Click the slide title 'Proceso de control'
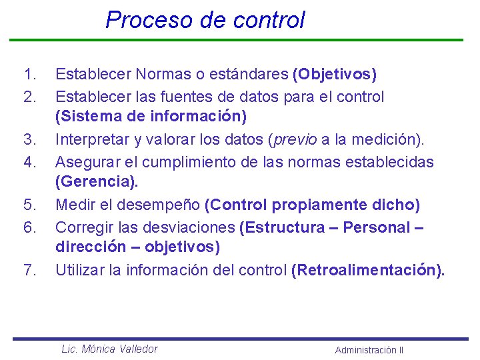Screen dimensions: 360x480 tap(205, 19)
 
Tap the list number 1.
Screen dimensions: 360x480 tap(28, 74)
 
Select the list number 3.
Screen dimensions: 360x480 tap(28, 140)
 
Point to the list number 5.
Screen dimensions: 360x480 tap(28, 205)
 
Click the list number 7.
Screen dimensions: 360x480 tap(28, 270)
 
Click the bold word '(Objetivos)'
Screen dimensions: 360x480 tap(335, 74)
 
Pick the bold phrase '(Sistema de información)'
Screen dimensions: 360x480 tap(151, 117)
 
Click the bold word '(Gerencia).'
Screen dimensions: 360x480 tap(97, 182)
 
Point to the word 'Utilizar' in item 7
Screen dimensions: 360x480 tap(77, 270)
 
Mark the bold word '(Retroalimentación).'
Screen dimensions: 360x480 tap(367, 270)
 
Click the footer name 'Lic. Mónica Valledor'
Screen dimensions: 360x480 tap(109, 349)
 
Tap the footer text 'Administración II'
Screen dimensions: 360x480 tap(369, 350)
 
